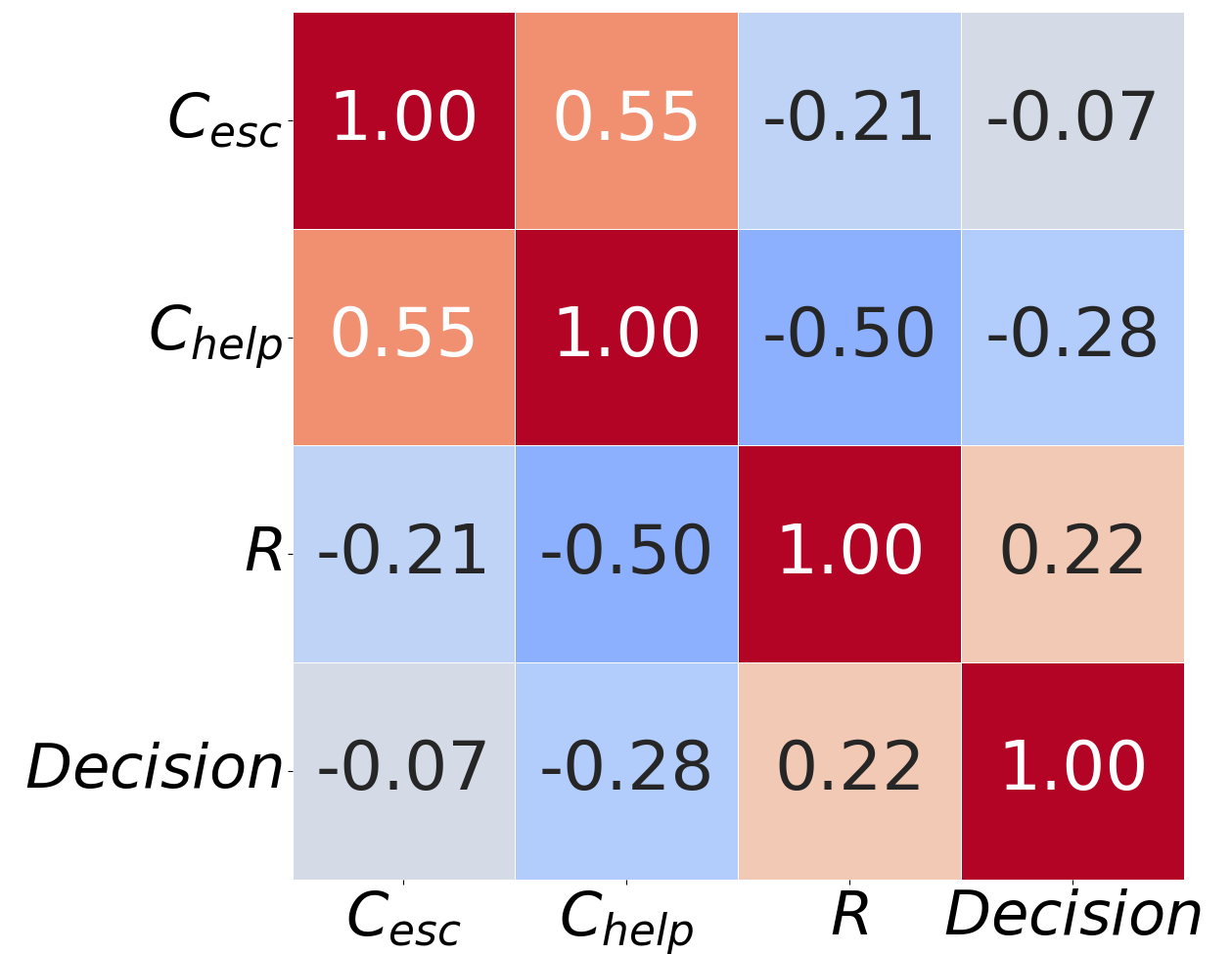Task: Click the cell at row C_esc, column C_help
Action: click(626, 120)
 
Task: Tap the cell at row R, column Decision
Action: click(1072, 554)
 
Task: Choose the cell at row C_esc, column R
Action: click(849, 120)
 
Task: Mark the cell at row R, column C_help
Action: click(626, 554)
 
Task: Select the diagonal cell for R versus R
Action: click(849, 554)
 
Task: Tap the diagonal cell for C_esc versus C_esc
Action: click(403, 120)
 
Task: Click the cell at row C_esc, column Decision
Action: click(1072, 120)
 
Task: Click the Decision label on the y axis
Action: click(155, 768)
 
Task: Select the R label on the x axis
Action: click(849, 917)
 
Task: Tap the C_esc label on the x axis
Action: click(403, 921)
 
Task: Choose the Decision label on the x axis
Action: click(1072, 917)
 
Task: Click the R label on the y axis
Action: click(263, 553)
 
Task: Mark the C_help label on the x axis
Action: click(626, 921)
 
